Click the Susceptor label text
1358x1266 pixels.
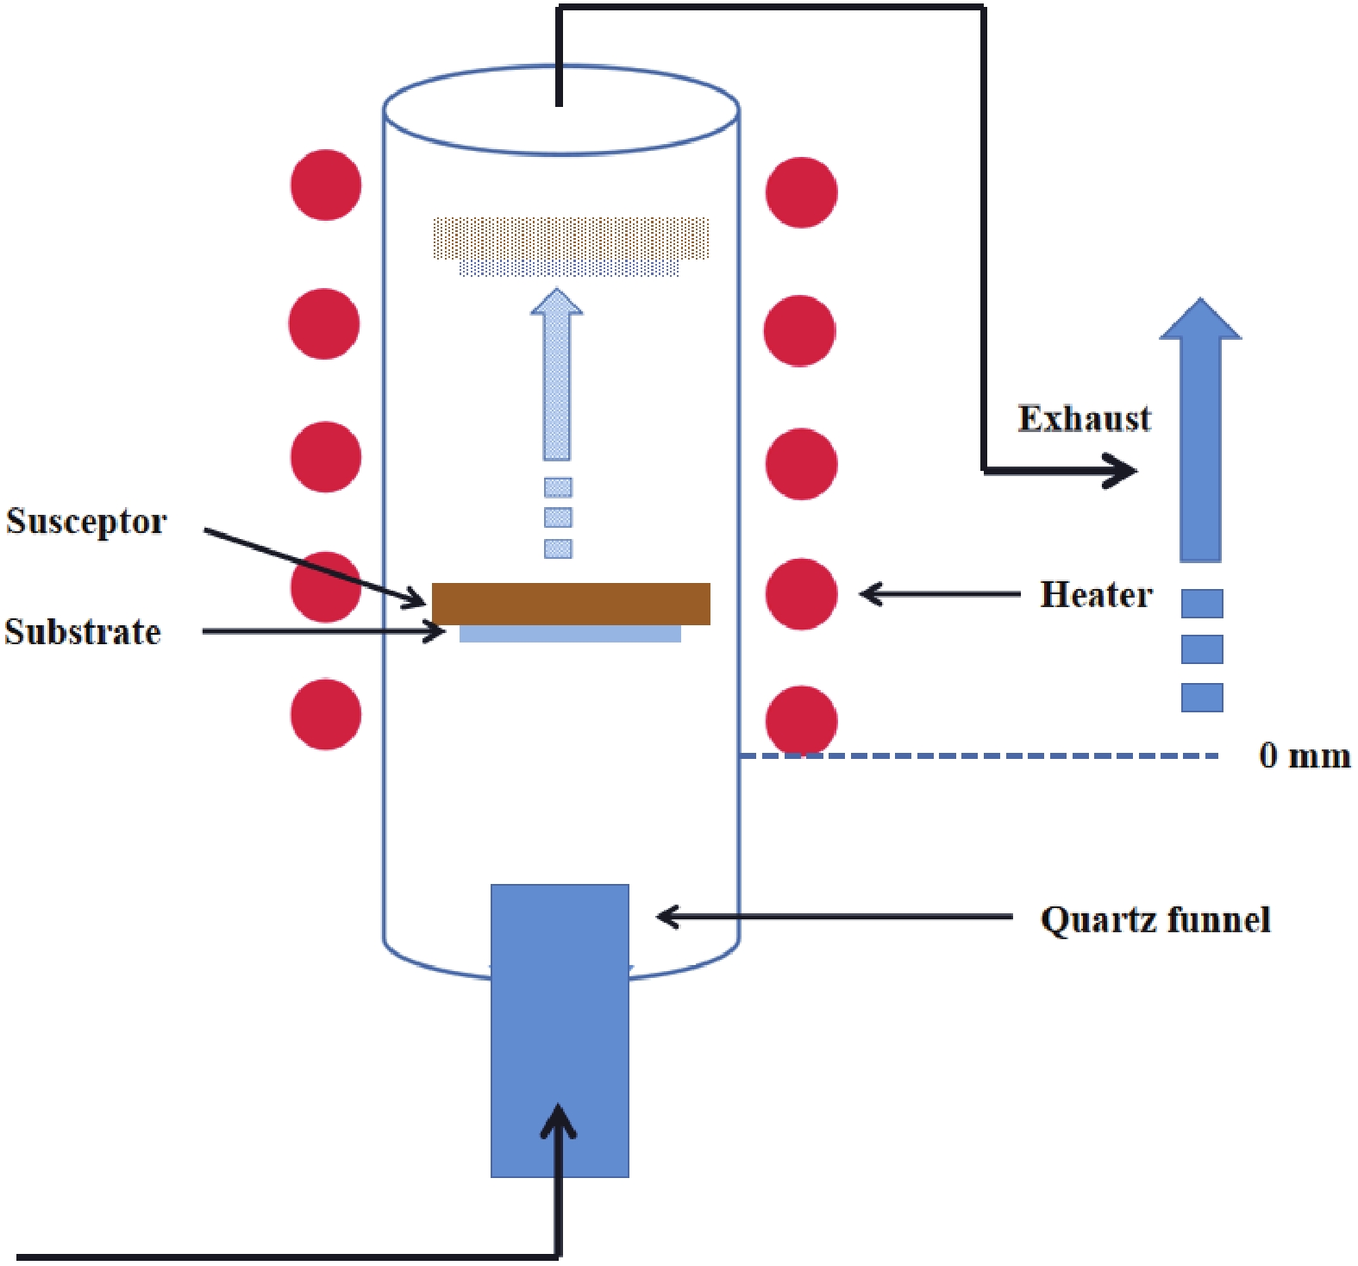86,522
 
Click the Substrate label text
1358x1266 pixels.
83,632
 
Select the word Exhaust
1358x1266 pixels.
1084,419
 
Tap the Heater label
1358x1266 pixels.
1096,595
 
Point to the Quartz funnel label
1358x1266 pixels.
1155,919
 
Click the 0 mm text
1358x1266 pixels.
1304,756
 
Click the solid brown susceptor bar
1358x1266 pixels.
571,604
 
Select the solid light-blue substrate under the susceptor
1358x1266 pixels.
570,634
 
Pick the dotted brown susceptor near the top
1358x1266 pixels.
571,238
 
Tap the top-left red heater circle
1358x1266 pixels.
326,185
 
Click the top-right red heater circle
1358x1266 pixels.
801,192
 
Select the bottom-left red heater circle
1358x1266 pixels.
326,714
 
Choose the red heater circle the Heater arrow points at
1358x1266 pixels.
801,594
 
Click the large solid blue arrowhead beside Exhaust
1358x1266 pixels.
1200,321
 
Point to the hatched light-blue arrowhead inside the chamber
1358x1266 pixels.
557,303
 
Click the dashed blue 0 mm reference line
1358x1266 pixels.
979,756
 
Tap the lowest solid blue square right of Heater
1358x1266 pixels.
1202,698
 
